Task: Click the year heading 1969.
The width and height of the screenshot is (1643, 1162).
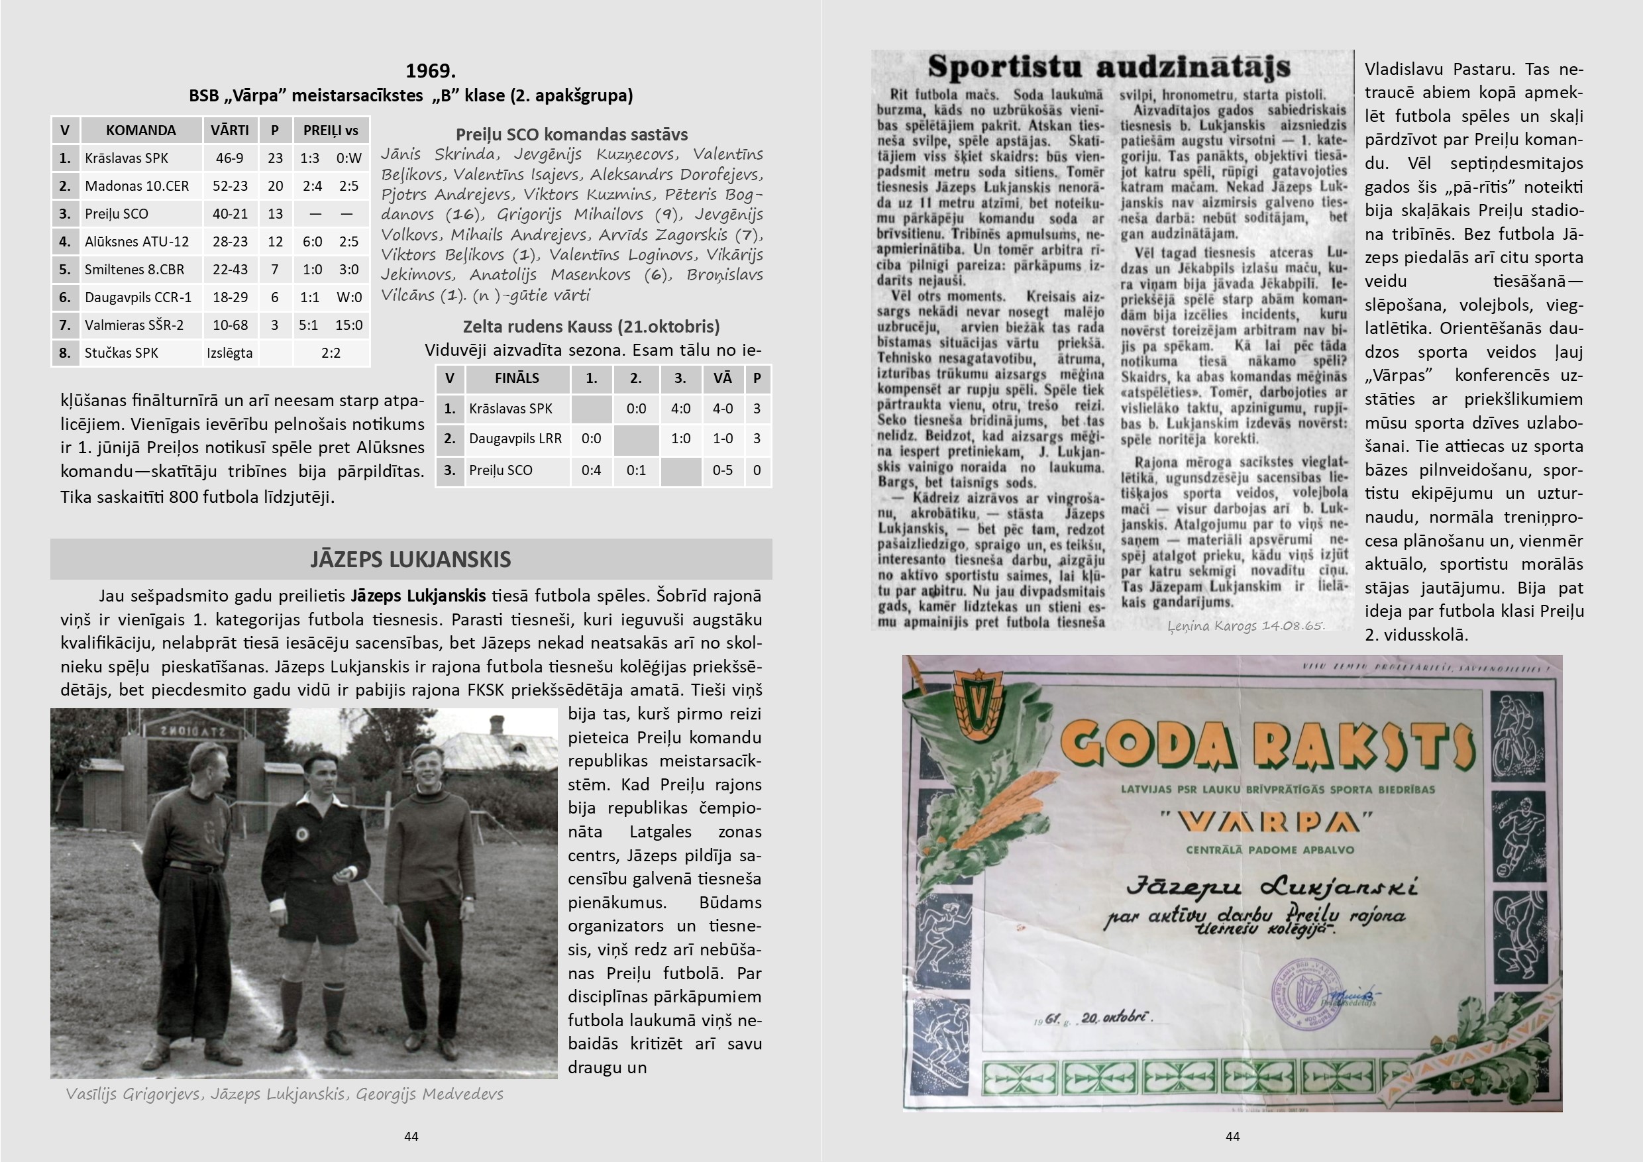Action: tap(430, 71)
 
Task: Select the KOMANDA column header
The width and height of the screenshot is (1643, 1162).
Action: tap(140, 131)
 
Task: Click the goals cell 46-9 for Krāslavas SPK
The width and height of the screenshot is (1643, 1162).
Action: tap(230, 158)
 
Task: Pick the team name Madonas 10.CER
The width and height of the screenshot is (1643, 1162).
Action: tap(136, 186)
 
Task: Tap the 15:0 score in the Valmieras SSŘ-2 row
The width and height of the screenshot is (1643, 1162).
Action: tap(348, 325)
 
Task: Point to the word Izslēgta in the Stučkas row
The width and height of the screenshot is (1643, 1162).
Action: tap(229, 352)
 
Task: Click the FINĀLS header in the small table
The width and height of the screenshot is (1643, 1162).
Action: tap(517, 378)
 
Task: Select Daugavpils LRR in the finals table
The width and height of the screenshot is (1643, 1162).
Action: tap(515, 439)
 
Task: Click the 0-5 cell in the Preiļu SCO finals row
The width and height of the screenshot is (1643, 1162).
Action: tap(722, 470)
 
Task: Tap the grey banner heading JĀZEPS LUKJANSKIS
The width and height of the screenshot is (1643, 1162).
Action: tap(411, 559)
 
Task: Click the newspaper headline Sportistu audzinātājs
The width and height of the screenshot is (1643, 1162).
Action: tap(1108, 68)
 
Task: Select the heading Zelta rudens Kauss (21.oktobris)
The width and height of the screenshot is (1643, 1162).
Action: tap(591, 327)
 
